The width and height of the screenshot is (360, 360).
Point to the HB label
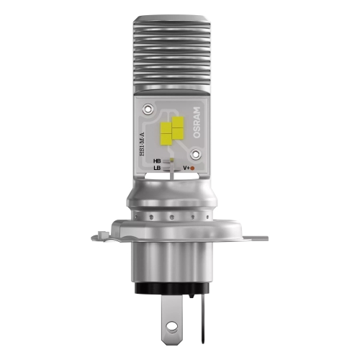click(x=156, y=161)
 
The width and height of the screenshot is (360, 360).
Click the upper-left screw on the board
click(x=150, y=109)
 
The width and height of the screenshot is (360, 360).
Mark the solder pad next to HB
click(x=170, y=161)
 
